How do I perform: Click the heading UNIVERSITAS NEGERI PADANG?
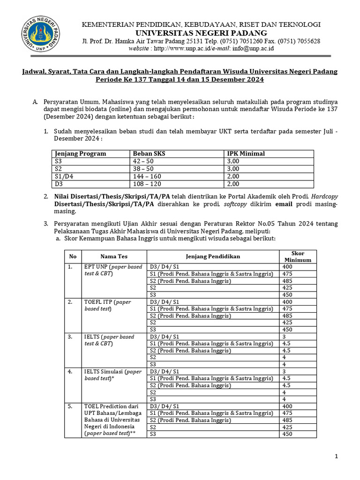pyautogui.click(x=202, y=33)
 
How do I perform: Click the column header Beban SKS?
pyautogui.click(x=149, y=153)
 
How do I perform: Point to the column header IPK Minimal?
pyautogui.click(x=246, y=153)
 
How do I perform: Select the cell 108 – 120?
pyautogui.click(x=147, y=184)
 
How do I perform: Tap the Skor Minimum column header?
pyautogui.click(x=298, y=256)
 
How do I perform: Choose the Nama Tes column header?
pyautogui.click(x=114, y=256)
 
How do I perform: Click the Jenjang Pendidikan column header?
pyautogui.click(x=213, y=256)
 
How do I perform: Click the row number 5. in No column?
pyautogui.click(x=70, y=406)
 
